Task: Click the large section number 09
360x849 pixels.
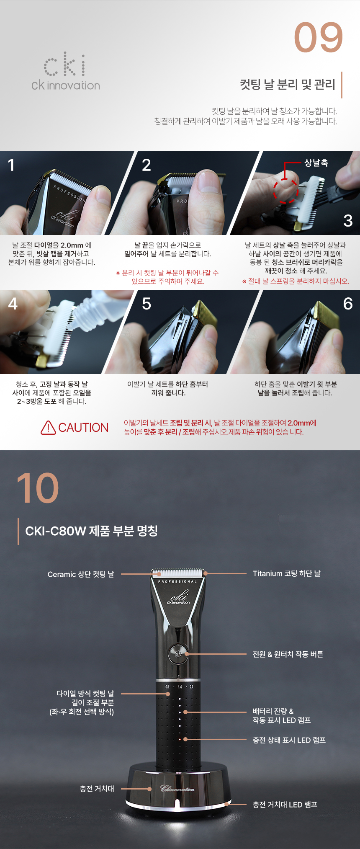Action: tap(319, 38)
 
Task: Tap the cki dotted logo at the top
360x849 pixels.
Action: tap(65, 65)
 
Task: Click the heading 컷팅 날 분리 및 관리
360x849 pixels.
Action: tap(288, 84)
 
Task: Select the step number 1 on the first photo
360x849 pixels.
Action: tap(11, 165)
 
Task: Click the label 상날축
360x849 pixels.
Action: tap(316, 163)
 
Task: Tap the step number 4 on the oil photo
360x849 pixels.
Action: tap(13, 304)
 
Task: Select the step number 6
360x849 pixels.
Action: tap(348, 304)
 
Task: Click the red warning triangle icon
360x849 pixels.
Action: tap(49, 428)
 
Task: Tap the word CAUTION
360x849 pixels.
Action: tap(83, 428)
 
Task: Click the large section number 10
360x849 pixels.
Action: tap(38, 488)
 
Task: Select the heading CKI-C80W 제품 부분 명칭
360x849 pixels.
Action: tap(91, 531)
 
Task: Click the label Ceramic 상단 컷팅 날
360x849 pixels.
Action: tap(81, 574)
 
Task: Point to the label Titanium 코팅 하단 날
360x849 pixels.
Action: tap(287, 573)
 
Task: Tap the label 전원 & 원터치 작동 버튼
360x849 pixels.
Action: tap(288, 654)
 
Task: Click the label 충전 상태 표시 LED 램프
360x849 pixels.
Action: tap(289, 740)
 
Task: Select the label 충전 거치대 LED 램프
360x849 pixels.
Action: tap(285, 805)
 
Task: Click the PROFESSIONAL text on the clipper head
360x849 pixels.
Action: tap(177, 582)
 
